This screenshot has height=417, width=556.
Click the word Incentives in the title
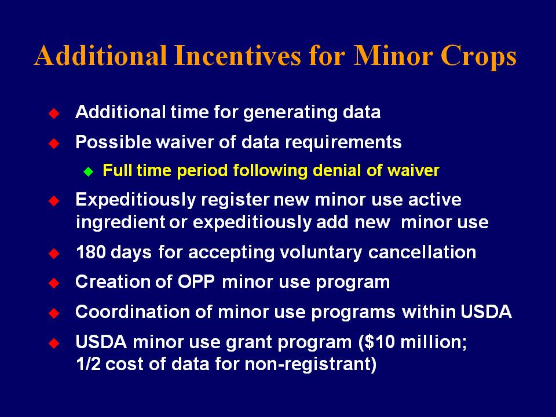[x=237, y=56]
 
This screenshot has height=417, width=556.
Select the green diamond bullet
[x=88, y=172]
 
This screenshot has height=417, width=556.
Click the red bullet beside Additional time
[x=54, y=114]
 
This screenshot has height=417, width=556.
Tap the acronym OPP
[x=196, y=282]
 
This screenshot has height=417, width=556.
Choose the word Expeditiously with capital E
[x=136, y=200]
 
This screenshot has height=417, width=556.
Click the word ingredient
[x=120, y=223]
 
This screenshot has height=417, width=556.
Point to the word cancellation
[x=422, y=252]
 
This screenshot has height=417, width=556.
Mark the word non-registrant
[x=310, y=364]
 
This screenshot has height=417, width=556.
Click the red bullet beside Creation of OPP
[x=54, y=283]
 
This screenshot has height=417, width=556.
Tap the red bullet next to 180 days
[x=54, y=254]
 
